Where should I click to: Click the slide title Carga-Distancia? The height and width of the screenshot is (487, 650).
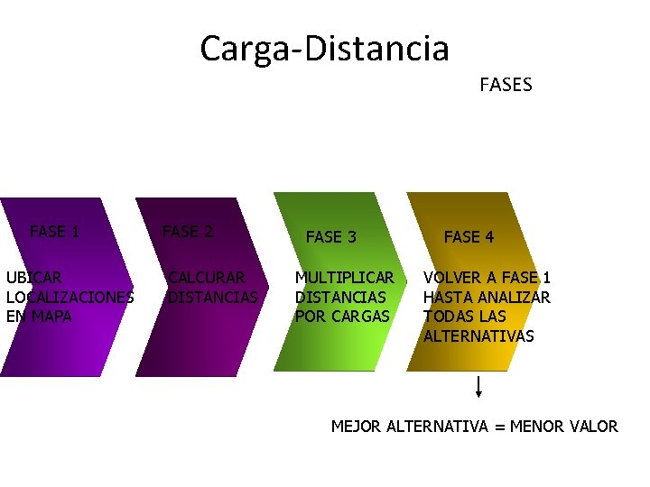pos(324,48)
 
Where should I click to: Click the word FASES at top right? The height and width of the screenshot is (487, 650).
pos(506,86)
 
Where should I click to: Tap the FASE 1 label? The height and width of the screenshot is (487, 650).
pos(54,232)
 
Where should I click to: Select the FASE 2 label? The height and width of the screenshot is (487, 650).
pos(187,232)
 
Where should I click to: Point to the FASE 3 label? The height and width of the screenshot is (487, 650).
pos(331,237)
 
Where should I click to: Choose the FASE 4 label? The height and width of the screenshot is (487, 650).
pos(469,237)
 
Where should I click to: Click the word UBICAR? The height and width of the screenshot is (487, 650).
pos(34,278)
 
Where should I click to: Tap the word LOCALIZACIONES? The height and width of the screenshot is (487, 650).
pos(70,297)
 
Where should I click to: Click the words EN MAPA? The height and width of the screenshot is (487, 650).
pos(39,317)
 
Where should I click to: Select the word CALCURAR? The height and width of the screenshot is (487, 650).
pos(207,278)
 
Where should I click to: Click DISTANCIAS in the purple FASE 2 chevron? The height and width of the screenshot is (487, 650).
pos(213,297)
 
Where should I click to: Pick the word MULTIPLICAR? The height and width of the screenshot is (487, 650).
pos(345,278)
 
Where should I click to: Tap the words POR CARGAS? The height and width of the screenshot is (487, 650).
pos(342,317)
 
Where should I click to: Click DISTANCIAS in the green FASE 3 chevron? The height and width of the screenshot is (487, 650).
pos(340,297)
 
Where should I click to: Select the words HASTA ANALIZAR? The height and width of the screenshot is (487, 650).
pos(487,297)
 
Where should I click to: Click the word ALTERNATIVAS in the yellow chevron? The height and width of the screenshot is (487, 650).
pos(478,336)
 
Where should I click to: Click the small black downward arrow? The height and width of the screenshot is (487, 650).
pos(478,387)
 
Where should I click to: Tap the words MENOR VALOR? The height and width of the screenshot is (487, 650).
pos(564,427)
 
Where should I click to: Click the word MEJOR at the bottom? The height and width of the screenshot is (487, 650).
pos(357,427)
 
